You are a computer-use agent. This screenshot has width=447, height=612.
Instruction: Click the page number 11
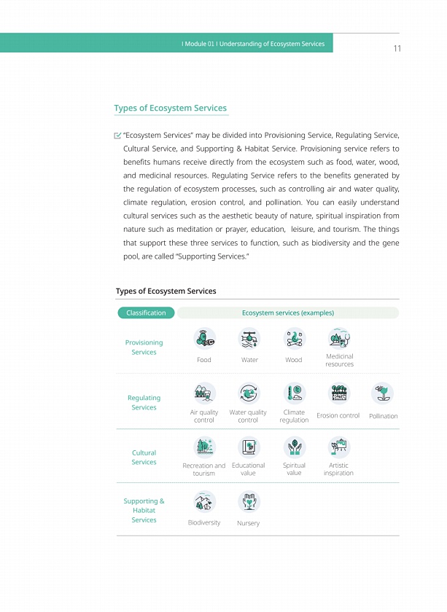[397, 49]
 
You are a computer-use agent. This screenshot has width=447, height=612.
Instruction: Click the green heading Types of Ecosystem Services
[170, 109]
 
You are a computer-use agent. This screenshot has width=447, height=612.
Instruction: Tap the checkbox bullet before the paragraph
[117, 136]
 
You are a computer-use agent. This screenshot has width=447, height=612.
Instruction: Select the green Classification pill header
[146, 313]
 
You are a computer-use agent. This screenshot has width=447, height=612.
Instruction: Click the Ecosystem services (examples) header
[287, 313]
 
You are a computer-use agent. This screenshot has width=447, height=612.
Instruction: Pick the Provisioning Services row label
[144, 348]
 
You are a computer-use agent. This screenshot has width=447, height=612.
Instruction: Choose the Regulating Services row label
[144, 403]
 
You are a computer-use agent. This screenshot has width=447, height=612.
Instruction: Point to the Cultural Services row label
[144, 458]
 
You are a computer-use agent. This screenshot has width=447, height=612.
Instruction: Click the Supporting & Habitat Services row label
[144, 511]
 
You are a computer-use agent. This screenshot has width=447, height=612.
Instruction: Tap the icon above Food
[204, 339]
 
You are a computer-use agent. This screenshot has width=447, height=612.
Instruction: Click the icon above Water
[249, 339]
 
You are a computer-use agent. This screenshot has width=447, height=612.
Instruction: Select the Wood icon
[294, 339]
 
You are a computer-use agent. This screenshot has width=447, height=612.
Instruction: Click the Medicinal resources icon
[339, 337]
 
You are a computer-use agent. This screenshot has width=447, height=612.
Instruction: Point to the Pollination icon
[383, 394]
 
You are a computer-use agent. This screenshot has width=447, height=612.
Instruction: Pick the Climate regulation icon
[294, 393]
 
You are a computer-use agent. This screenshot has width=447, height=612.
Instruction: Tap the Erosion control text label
[338, 416]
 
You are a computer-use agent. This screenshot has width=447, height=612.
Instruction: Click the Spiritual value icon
[294, 447]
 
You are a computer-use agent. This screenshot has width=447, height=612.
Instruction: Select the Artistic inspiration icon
[338, 447]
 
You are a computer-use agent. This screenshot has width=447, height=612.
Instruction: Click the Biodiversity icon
[204, 502]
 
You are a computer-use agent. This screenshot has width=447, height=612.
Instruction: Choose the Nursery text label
[249, 523]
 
